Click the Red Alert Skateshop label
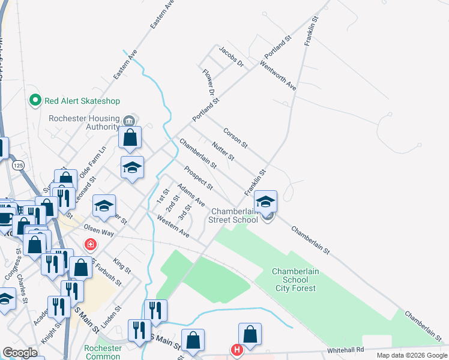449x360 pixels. tap(82, 101)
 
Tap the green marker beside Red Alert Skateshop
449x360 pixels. tap(35, 101)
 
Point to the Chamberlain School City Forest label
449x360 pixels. tap(295, 280)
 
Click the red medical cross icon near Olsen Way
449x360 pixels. tap(90, 245)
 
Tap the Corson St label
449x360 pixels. tap(235, 137)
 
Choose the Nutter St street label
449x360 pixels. tap(223, 151)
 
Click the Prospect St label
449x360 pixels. tap(198, 176)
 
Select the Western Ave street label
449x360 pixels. tap(173, 227)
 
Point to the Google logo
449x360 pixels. tap(20, 353)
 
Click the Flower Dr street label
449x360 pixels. tap(208, 83)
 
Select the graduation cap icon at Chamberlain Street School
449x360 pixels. tap(265, 202)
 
